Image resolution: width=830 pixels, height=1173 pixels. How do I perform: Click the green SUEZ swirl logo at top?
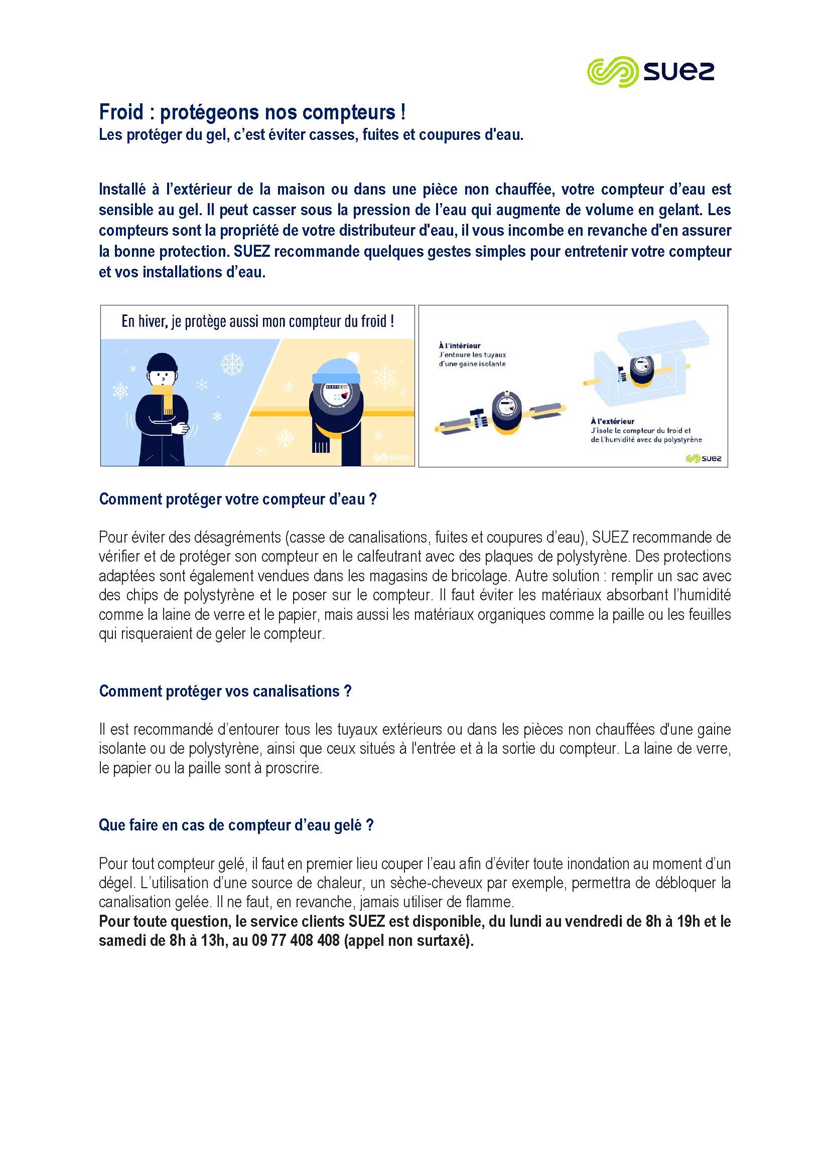(612, 72)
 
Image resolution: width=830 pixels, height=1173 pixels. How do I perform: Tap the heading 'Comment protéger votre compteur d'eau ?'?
(238, 499)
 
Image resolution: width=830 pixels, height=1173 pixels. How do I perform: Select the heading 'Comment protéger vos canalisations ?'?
(225, 691)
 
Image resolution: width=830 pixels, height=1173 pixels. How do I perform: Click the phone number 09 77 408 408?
(296, 940)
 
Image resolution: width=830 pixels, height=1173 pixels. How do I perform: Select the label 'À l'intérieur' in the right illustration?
(460, 346)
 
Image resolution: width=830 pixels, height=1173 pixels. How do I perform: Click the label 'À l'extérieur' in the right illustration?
(612, 421)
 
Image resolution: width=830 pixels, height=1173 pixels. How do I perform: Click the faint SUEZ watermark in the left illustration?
(392, 457)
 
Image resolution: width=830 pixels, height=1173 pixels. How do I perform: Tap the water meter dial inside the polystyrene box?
(642, 366)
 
